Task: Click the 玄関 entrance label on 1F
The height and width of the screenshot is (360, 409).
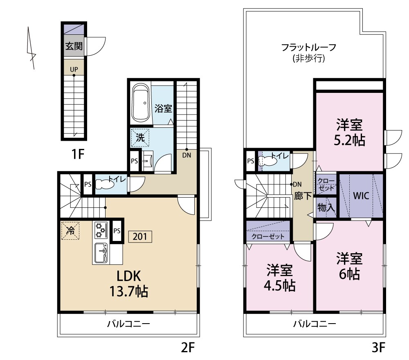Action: pyautogui.click(x=74, y=46)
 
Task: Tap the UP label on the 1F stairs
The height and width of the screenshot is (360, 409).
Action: pyautogui.click(x=74, y=69)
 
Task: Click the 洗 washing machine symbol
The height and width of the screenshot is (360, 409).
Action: pyautogui.click(x=140, y=138)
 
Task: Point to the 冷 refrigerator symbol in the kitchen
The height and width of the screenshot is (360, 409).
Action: pyautogui.click(x=70, y=230)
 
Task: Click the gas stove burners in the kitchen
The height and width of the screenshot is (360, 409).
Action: pyautogui.click(x=100, y=230)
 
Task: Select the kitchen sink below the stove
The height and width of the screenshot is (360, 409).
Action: pyautogui.click(x=101, y=254)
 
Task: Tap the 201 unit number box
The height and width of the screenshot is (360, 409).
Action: pyautogui.click(x=140, y=236)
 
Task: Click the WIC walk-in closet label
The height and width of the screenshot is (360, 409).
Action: pyautogui.click(x=361, y=196)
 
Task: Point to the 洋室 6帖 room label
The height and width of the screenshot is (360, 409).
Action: pyautogui.click(x=349, y=266)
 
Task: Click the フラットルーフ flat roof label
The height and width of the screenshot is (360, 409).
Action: pyautogui.click(x=309, y=52)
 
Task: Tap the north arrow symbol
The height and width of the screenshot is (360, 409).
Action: pyautogui.click(x=31, y=48)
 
